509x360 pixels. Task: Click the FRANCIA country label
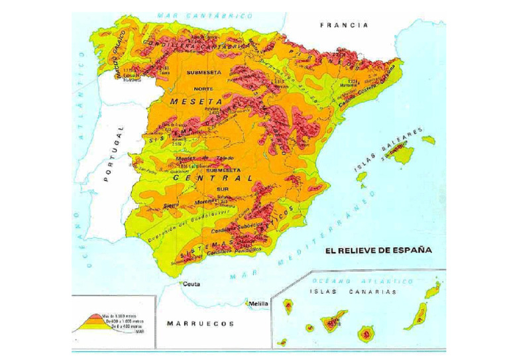[344, 25]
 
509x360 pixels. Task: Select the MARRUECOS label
[200, 324]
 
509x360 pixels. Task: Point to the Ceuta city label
[192, 284]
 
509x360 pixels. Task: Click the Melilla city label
[258, 304]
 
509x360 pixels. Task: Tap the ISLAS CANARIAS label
[353, 291]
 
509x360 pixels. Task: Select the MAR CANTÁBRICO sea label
[205, 15]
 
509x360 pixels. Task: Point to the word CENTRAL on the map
[212, 178]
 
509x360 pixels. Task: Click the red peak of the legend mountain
[91, 311]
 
